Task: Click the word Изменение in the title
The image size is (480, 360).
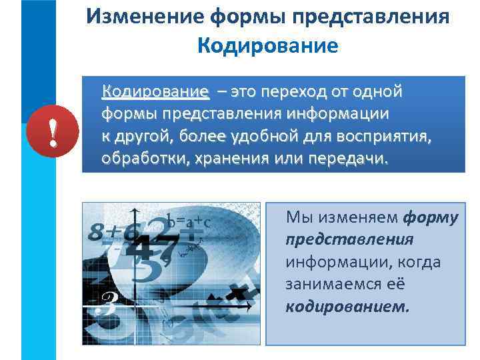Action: pyautogui.click(x=140, y=17)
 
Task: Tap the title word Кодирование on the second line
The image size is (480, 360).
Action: pyautogui.click(x=268, y=46)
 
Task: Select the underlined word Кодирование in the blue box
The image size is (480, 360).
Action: pyautogui.click(x=155, y=91)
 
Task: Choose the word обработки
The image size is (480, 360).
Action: pyautogui.click(x=141, y=161)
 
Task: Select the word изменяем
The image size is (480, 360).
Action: pyautogui.click(x=356, y=217)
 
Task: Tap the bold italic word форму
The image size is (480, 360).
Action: pyautogui.click(x=431, y=217)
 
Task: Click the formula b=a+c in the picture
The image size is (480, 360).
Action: pyautogui.click(x=189, y=221)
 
